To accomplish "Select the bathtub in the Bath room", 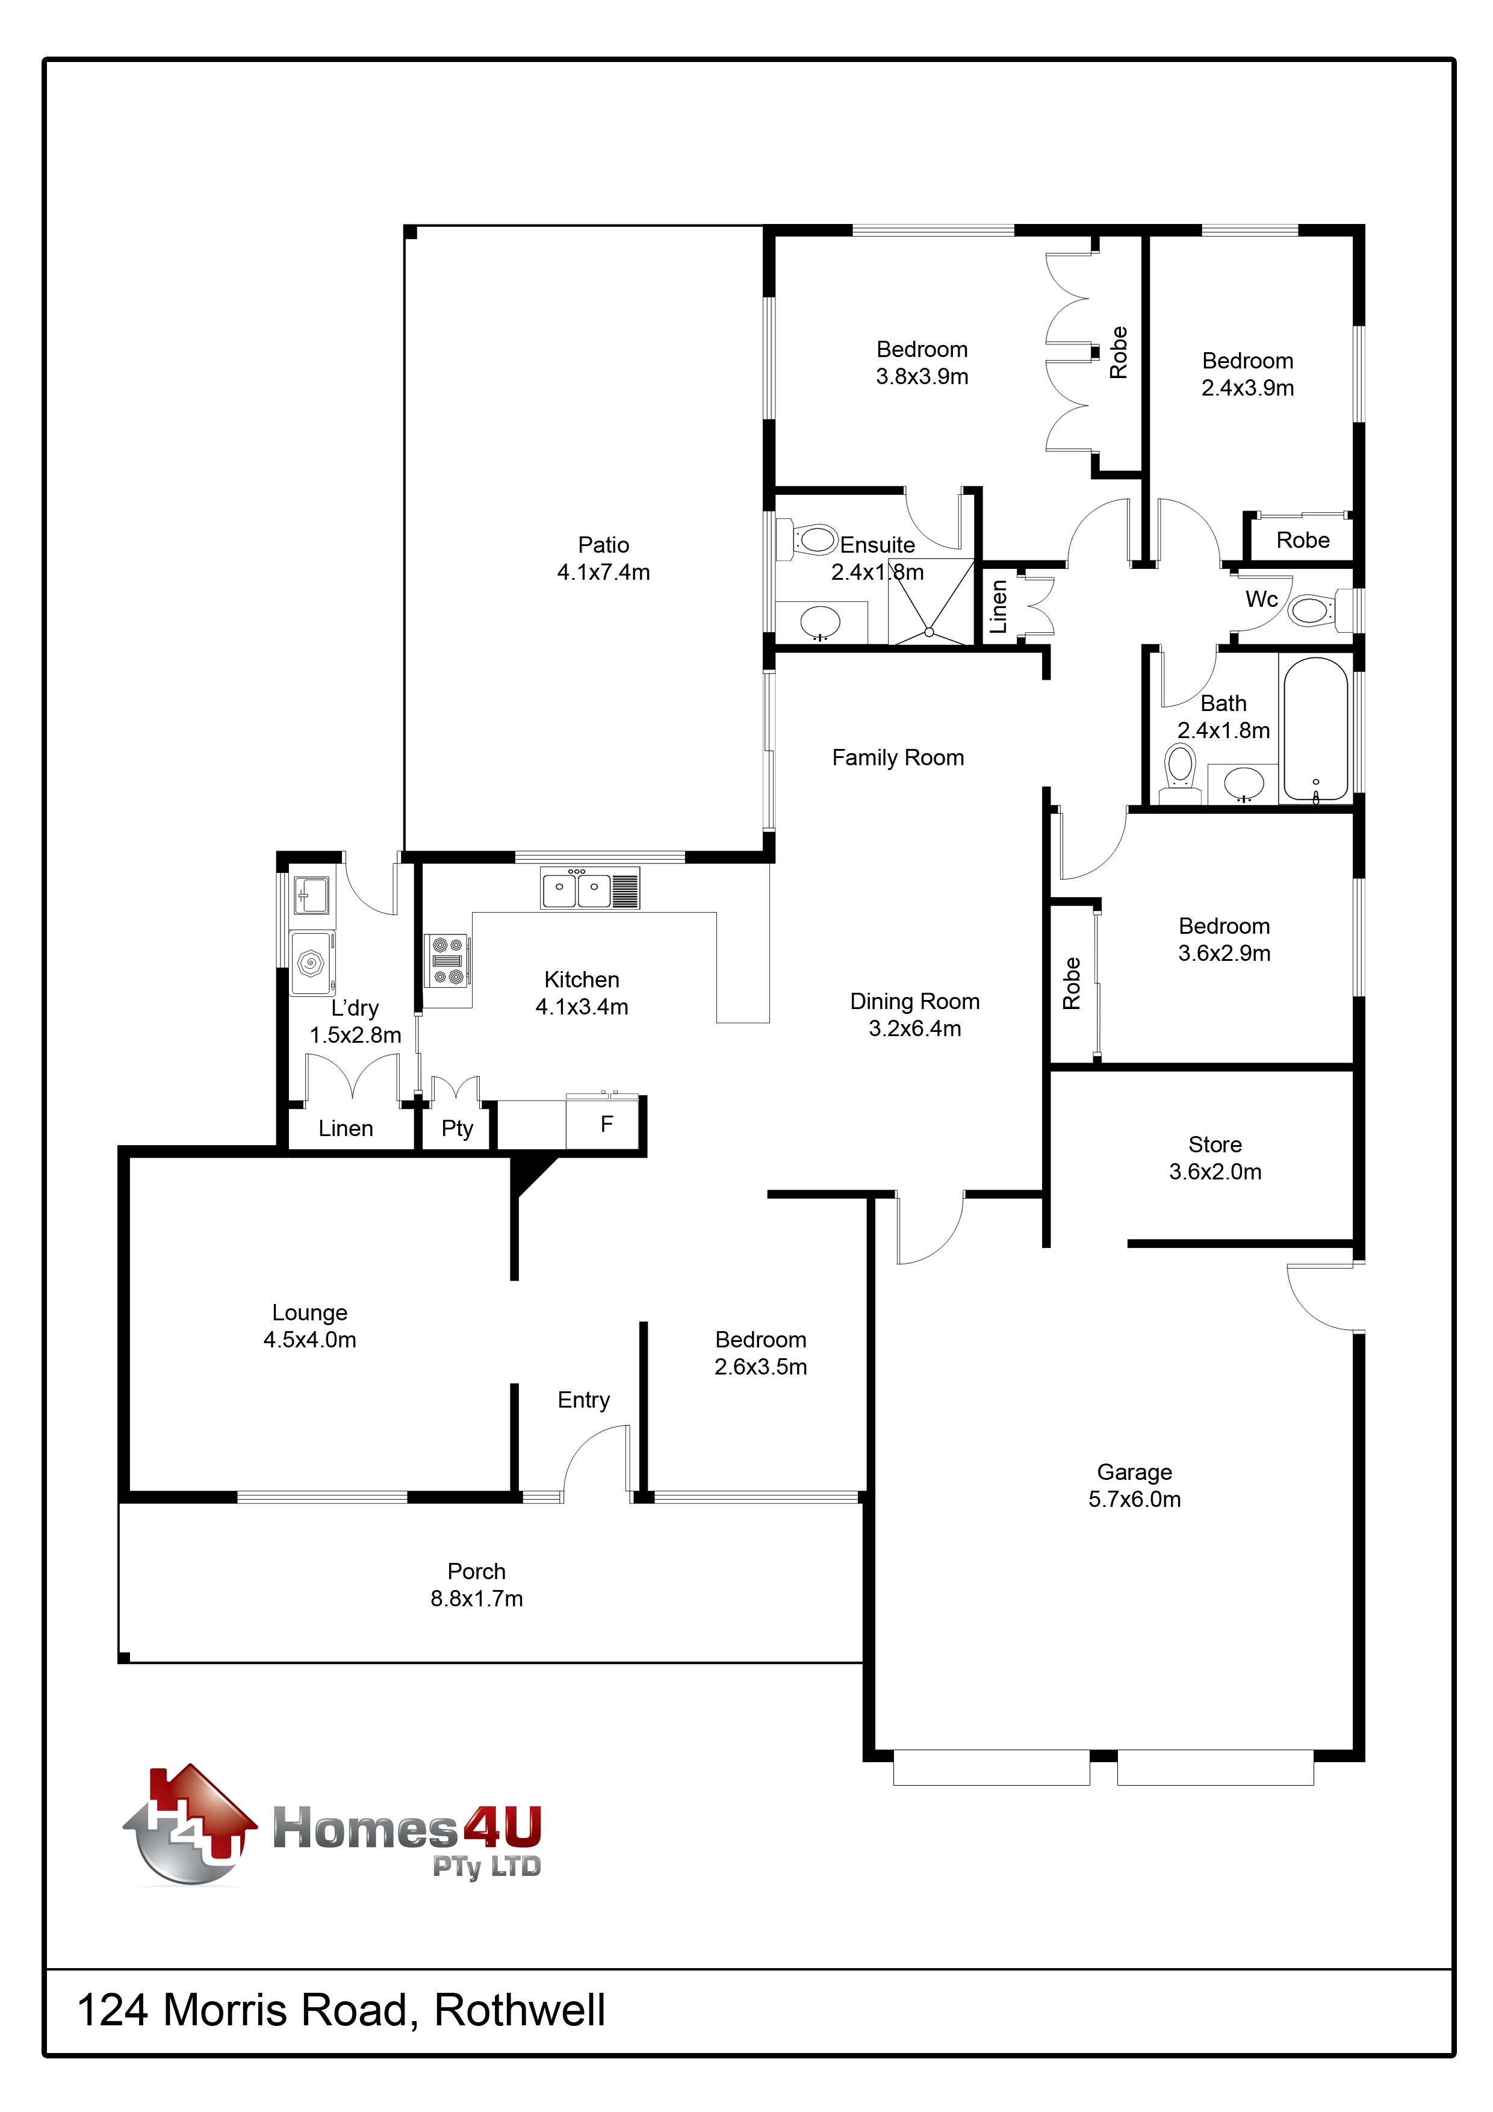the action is [1315, 728].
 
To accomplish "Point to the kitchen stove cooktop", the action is [448, 960].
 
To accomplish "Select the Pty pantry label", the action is [457, 1129].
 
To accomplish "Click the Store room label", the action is [1215, 1145].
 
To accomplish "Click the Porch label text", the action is [477, 1571].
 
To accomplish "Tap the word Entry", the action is [584, 1400].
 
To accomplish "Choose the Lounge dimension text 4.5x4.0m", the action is [310, 1340].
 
